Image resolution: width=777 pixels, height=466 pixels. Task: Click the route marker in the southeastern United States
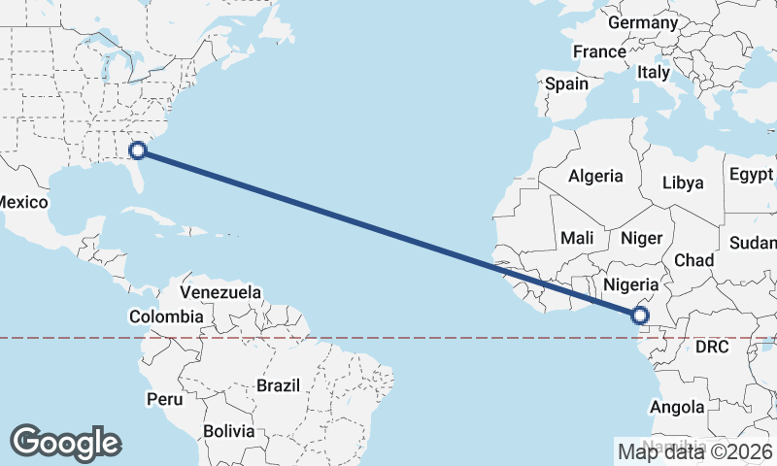(x=138, y=150)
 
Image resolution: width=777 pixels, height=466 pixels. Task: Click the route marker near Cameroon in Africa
(x=640, y=315)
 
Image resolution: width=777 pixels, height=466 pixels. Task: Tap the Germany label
(x=642, y=22)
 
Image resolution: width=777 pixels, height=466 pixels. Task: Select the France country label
(x=600, y=51)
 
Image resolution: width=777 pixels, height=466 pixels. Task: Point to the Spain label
(x=566, y=83)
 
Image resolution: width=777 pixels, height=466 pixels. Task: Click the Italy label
(x=654, y=72)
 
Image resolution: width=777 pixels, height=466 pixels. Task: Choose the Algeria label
(x=595, y=176)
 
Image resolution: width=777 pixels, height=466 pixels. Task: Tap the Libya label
(x=682, y=183)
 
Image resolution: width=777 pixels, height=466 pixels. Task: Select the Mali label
(x=577, y=238)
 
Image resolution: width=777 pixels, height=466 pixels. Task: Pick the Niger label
(x=641, y=238)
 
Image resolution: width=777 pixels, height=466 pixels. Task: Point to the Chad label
(x=693, y=260)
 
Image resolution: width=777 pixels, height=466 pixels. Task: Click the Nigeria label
(x=632, y=285)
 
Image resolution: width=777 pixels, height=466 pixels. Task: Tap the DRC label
(x=712, y=347)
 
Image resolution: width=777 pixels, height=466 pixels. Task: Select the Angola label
(x=678, y=406)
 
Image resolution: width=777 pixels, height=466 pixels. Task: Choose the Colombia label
(x=166, y=316)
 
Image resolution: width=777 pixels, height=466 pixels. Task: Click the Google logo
(x=65, y=442)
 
